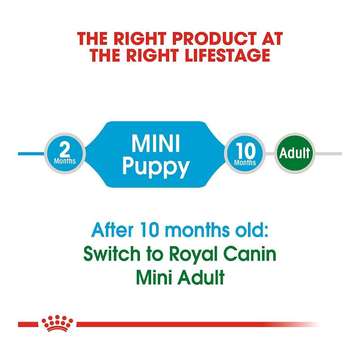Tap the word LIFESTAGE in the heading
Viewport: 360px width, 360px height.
pyautogui.click(x=228, y=55)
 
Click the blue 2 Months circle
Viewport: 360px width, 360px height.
pyautogui.click(x=65, y=153)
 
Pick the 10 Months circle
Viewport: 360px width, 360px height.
pyautogui.click(x=245, y=153)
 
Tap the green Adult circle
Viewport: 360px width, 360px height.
pyautogui.click(x=295, y=153)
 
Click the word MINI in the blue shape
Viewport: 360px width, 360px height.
pyautogui.click(x=155, y=144)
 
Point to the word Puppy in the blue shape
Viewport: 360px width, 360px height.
pyautogui.click(x=156, y=166)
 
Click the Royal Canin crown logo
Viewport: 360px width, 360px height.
pyautogui.click(x=57, y=324)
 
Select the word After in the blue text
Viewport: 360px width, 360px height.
pyautogui.click(x=112, y=230)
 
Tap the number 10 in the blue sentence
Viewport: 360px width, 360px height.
pyautogui.click(x=150, y=230)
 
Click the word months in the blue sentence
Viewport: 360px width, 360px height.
pyautogui.click(x=197, y=230)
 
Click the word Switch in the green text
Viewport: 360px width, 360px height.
pyautogui.click(x=112, y=254)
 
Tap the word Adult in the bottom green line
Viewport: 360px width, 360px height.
pyautogui.click(x=201, y=277)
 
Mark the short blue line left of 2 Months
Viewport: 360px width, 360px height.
pyautogui.click(x=31, y=153)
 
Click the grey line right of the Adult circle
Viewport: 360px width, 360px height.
pyautogui.click(x=328, y=153)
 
